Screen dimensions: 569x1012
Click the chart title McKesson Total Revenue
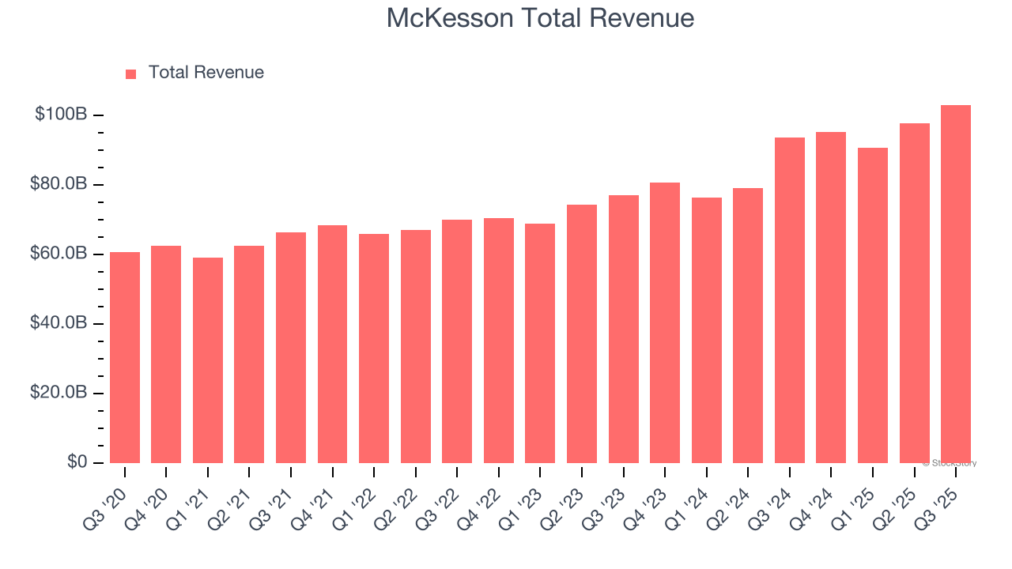540,18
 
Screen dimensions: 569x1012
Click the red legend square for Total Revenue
131,73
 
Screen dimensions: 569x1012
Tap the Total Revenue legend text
206,73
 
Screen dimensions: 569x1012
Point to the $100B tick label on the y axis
61,115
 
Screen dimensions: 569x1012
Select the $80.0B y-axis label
57,184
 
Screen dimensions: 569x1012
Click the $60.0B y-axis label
57,254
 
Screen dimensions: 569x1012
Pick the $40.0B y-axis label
57,323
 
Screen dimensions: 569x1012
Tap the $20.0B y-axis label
57,393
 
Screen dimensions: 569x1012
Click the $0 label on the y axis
76,462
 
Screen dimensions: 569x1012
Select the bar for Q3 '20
125,357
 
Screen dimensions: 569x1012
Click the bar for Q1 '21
208,360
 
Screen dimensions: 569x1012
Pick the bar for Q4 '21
332,344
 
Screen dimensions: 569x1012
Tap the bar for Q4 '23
665,322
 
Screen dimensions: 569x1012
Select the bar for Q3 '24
789,300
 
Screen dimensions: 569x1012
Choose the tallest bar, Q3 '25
956,284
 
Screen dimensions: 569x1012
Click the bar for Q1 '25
873,305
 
